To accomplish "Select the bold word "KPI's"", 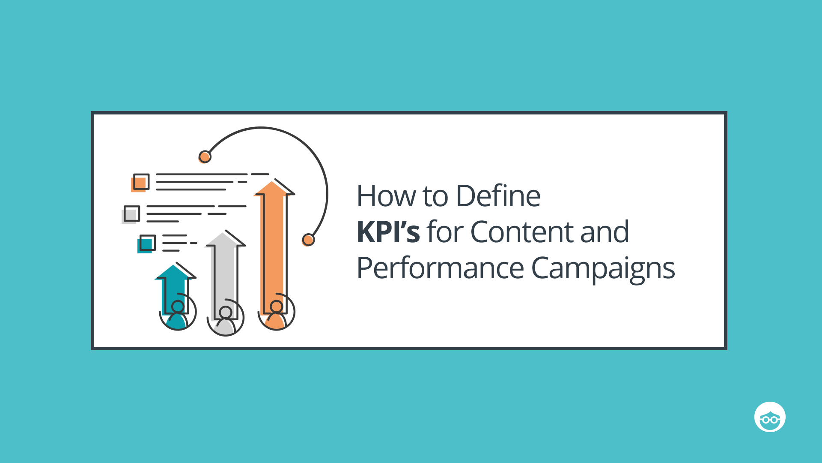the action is (x=388, y=232).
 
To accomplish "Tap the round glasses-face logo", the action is (x=770, y=417).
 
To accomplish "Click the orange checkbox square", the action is (x=140, y=183).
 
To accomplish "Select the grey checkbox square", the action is (x=131, y=214).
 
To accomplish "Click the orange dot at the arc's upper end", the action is (x=205, y=157).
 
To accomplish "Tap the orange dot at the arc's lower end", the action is (x=308, y=240).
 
